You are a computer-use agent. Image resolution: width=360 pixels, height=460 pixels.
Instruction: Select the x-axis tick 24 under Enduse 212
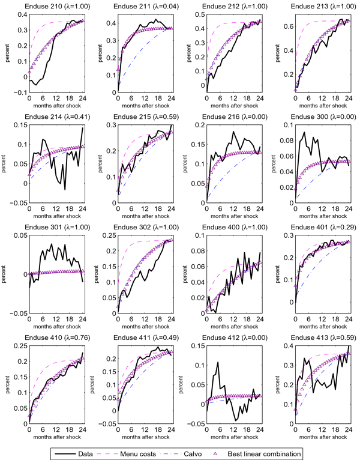[259, 98]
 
